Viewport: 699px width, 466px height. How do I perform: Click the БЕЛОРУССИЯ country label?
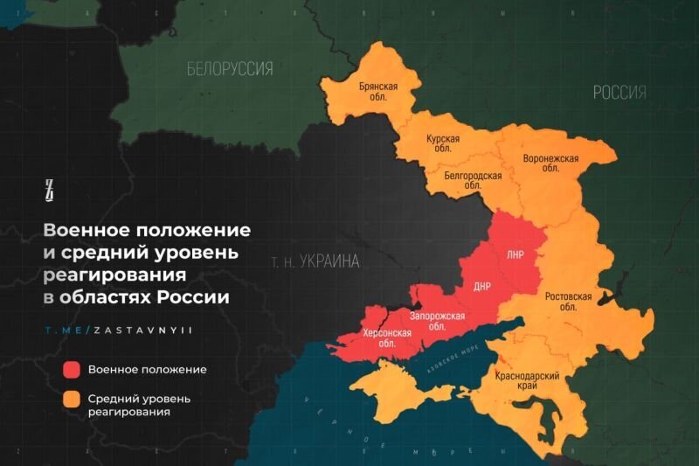coord(229,69)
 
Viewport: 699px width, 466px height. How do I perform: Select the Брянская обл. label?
coord(378,92)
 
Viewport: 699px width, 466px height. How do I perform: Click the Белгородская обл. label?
coord(473,180)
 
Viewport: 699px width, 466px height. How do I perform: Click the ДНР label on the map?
coord(482,286)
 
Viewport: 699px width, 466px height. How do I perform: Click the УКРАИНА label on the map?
coord(315,261)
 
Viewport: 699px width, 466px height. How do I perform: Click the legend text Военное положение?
coord(147,369)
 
